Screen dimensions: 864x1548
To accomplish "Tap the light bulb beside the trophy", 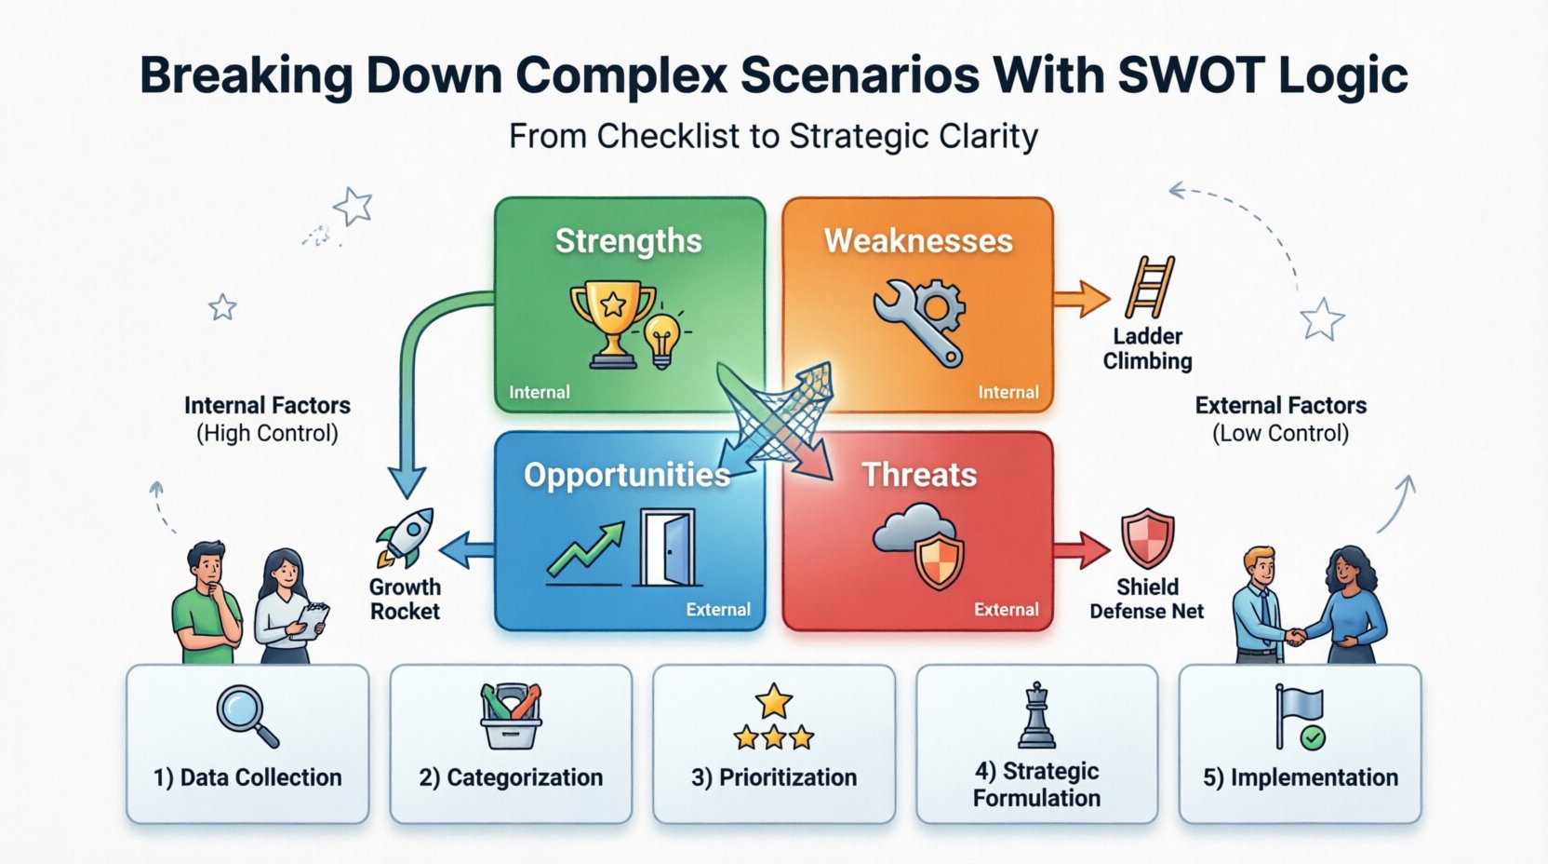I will coord(662,339).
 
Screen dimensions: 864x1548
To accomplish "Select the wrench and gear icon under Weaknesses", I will coord(920,320).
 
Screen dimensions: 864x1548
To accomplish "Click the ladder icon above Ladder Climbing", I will coord(1150,288).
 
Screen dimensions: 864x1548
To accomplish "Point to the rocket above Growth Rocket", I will coord(406,537).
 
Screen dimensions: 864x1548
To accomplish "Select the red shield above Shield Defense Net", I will coord(1147,538).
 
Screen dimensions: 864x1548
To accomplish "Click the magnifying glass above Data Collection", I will coord(247,715).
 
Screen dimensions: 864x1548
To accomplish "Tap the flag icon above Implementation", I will coord(1299,717).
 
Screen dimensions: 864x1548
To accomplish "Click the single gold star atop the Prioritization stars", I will coord(774,700).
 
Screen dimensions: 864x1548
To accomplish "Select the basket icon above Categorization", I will coord(510,716).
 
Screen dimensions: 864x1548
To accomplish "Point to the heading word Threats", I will coord(919,475).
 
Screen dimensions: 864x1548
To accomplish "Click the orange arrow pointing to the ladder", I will coord(1081,300).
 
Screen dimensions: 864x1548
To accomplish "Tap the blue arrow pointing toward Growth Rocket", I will coord(466,551).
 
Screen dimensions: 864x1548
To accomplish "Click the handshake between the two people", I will coord(1295,637).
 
